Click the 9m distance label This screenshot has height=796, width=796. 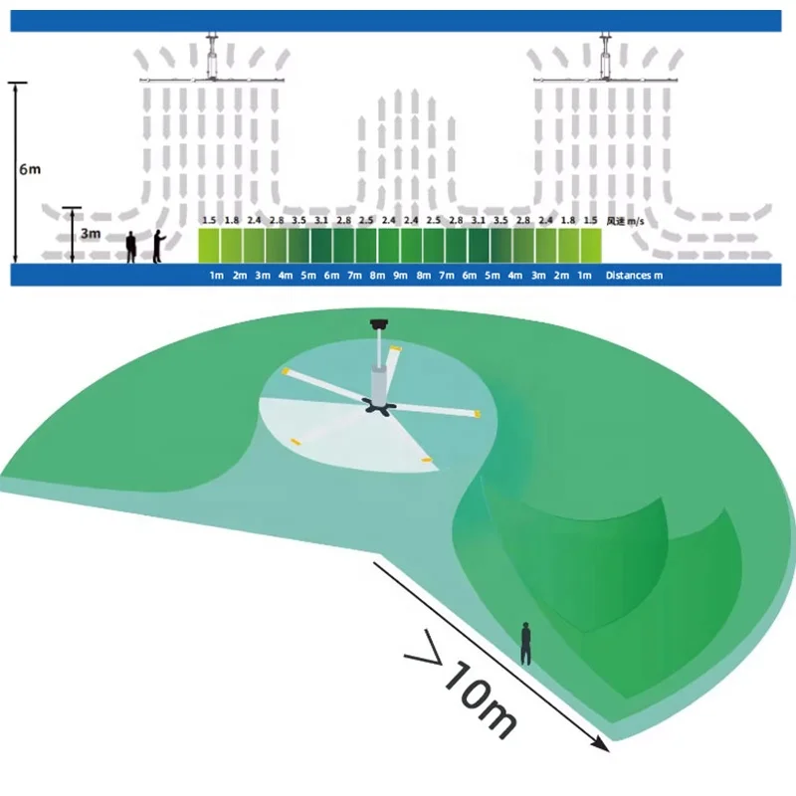pos(400,276)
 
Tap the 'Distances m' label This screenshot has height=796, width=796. pos(634,276)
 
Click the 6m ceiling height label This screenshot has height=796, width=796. pos(30,169)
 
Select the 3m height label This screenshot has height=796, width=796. pos(90,235)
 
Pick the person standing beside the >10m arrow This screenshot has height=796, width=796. pos(525,643)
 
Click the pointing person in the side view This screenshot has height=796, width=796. pos(157,247)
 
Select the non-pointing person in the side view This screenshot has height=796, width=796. pos(130,248)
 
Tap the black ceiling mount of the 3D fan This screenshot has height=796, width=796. pos(378,322)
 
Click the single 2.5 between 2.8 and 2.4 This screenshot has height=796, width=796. pos(366,220)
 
